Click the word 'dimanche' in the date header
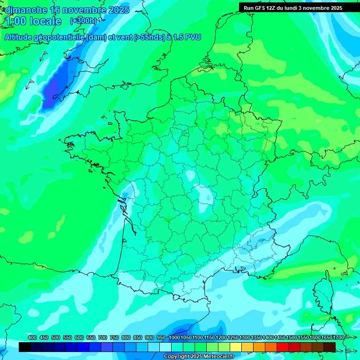coord(26,10)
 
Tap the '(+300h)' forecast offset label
coord(83,21)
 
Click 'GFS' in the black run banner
coord(261,8)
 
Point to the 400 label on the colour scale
coord(32,337)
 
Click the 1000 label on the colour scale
coord(174,337)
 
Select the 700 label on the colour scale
coord(103,337)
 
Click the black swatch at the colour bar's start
coord(25,347)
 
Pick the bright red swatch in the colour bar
coord(283,347)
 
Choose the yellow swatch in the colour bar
coord(247,347)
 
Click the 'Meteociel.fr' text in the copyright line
coord(216,357)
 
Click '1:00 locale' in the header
coord(33,21)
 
